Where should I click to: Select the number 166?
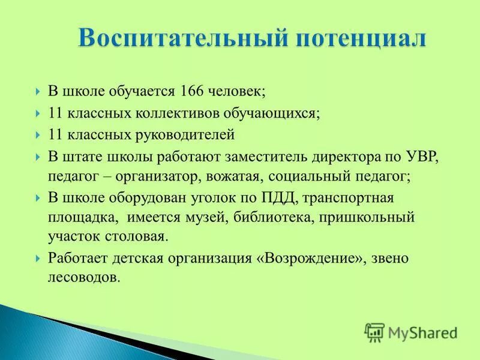[x=190, y=91]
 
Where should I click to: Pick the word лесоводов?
[x=84, y=278]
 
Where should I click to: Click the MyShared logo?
[x=412, y=332]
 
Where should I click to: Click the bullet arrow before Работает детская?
[x=38, y=259]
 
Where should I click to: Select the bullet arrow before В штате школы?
[x=38, y=157]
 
